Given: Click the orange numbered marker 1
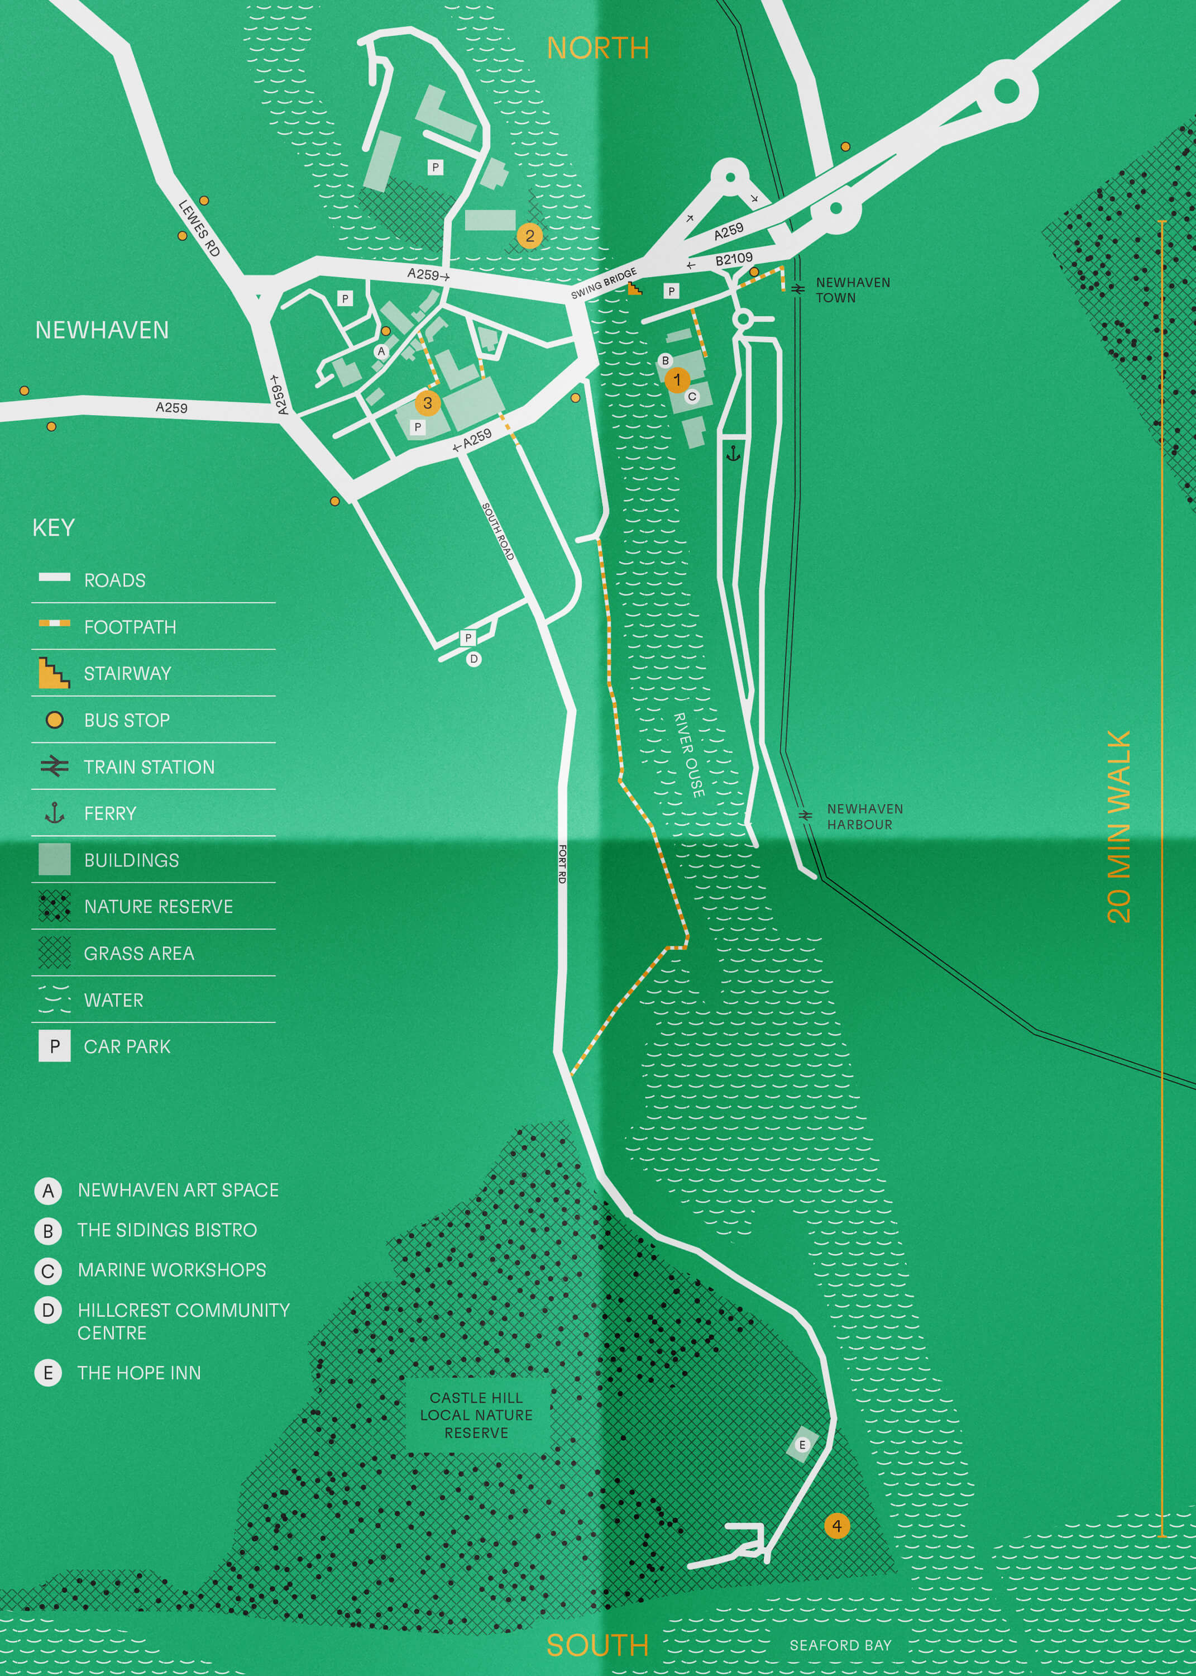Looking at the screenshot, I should [x=677, y=380].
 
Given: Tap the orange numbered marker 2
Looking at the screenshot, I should [x=529, y=236].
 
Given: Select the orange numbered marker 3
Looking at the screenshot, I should [x=427, y=403].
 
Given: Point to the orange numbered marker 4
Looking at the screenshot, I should [x=836, y=1526].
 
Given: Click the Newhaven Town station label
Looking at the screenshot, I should [x=852, y=291].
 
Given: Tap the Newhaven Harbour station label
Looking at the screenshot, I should [x=864, y=817].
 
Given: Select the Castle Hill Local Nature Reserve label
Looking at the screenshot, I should [x=476, y=1415].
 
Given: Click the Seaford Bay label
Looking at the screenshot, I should [x=840, y=1645].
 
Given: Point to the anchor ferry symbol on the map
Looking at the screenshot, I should [x=733, y=453].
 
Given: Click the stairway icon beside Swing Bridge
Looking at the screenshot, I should [x=634, y=289].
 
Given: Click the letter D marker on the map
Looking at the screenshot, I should [x=473, y=659].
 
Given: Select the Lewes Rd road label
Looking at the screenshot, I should [x=199, y=228].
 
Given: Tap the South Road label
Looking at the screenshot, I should [x=498, y=530].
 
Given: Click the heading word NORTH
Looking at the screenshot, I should [x=597, y=49].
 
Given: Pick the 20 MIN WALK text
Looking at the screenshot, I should [x=1119, y=827].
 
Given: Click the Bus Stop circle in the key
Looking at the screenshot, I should [x=55, y=720].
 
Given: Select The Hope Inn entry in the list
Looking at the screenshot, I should [x=139, y=1373].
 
